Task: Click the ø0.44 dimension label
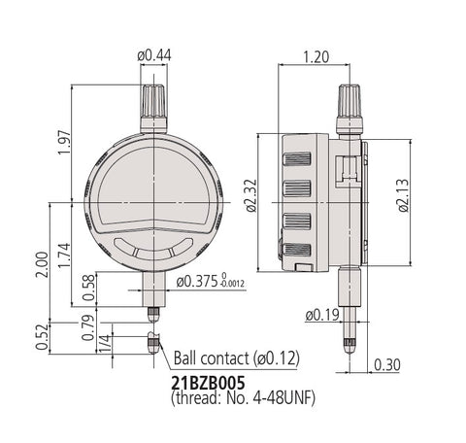tap(154, 55)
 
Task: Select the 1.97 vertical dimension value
tap(64, 143)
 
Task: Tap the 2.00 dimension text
tap(42, 264)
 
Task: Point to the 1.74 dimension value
tap(64, 256)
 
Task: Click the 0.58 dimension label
tap(89, 288)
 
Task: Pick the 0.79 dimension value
tap(88, 327)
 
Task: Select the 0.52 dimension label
tap(42, 337)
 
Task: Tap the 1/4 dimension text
tap(105, 344)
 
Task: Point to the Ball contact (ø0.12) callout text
tap(237, 358)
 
